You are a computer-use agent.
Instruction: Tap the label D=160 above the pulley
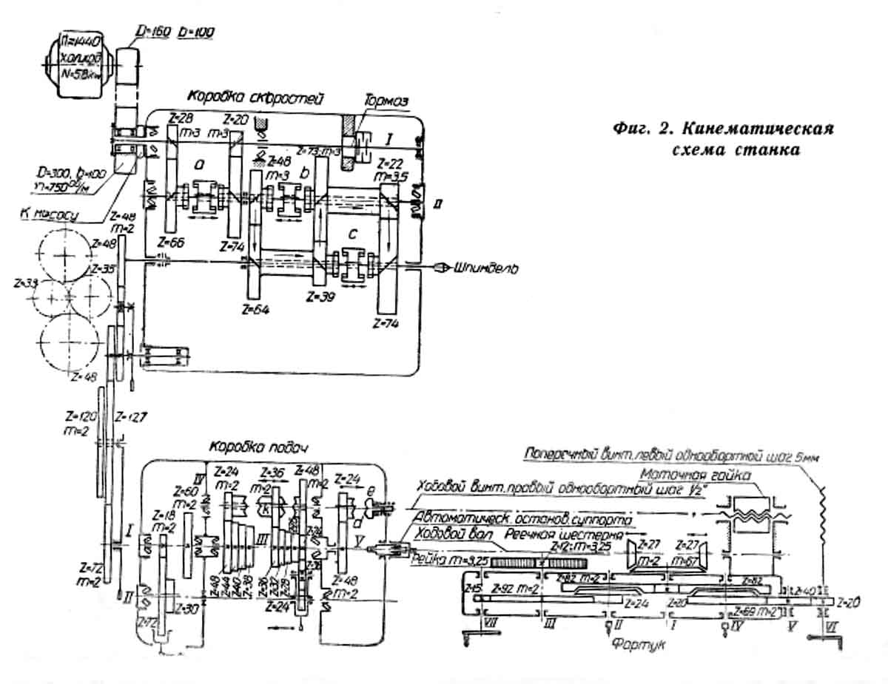tap(152, 33)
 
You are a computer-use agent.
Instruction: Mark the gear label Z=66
tap(172, 242)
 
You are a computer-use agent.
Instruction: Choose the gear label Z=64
tap(253, 308)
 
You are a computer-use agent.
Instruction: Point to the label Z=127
tap(135, 416)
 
